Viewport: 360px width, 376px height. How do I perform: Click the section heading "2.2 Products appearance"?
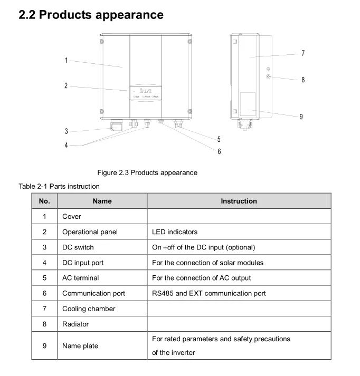[x=91, y=15]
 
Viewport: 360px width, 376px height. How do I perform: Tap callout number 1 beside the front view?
[x=66, y=61]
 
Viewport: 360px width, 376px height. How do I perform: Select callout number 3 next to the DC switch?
[x=66, y=131]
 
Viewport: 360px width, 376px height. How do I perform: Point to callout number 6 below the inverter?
[x=219, y=151]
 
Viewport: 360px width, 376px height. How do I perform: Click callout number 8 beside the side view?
[x=303, y=80]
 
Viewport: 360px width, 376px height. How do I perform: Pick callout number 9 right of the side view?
[x=301, y=117]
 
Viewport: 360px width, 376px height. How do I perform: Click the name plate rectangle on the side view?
[x=247, y=104]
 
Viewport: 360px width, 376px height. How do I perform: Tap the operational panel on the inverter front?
[x=146, y=93]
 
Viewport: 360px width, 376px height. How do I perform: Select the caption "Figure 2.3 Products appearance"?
[x=147, y=172]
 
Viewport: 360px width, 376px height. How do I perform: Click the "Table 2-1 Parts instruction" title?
[x=59, y=186]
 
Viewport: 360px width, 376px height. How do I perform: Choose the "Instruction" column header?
[x=239, y=201]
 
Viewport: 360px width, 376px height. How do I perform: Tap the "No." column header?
[x=44, y=201]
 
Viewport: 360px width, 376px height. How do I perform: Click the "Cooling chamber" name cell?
[x=89, y=308]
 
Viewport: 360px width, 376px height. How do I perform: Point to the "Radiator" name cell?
[x=75, y=324]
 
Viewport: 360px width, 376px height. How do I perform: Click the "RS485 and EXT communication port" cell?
[x=209, y=293]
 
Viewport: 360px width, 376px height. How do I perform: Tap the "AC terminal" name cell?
[x=80, y=278]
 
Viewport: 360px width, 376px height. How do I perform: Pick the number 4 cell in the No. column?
[x=44, y=263]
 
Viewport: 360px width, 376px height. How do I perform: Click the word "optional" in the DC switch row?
[x=241, y=247]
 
